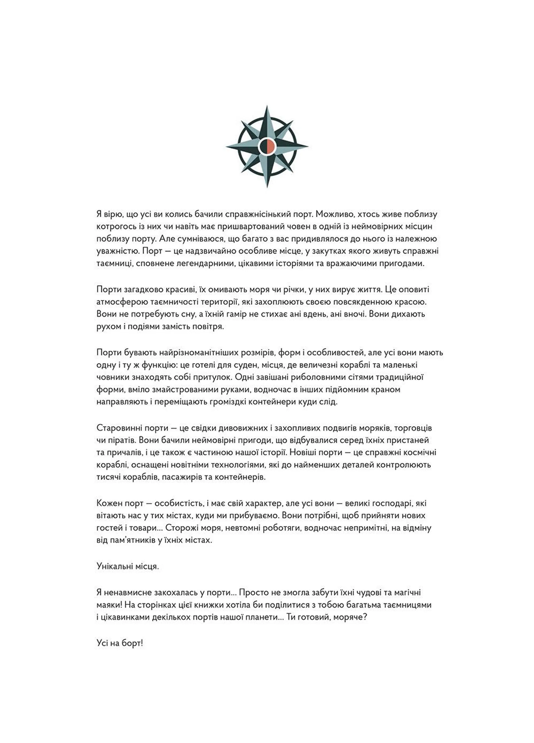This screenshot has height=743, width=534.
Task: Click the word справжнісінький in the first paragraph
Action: click(254, 214)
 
